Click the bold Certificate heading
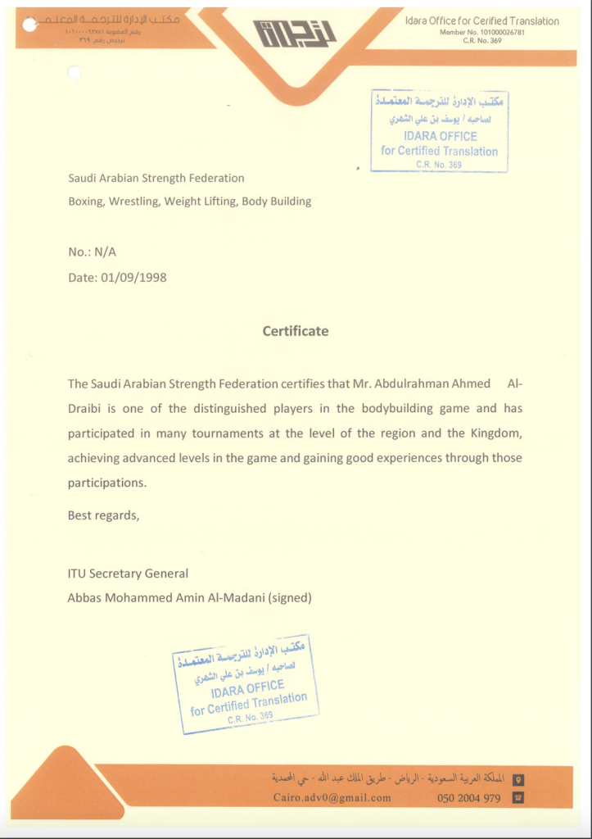tap(296, 332)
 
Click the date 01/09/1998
tap(134, 278)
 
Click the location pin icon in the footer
tap(517, 779)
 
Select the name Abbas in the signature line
tap(85, 598)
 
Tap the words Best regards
tap(103, 515)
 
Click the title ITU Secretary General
tap(128, 574)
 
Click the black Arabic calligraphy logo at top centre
tap(296, 34)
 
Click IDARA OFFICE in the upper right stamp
tap(440, 137)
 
